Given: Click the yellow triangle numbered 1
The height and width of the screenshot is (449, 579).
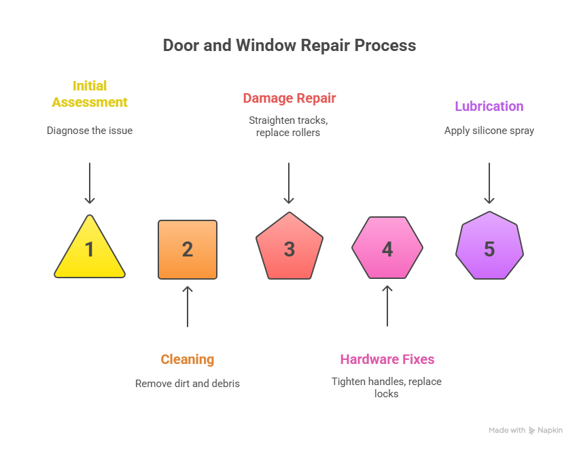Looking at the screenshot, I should point(90,250).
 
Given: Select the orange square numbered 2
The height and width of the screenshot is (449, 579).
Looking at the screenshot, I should point(188,250).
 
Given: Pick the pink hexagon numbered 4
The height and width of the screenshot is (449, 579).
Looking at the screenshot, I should point(387,248).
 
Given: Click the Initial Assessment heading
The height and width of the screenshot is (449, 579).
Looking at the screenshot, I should point(90,94).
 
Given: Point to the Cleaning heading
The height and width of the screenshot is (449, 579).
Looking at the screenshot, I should point(188,359).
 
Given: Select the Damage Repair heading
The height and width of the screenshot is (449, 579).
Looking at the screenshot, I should point(289,98).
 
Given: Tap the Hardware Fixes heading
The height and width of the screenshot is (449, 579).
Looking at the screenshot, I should point(387,359).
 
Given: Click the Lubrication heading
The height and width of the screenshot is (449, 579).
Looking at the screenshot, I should point(489,106).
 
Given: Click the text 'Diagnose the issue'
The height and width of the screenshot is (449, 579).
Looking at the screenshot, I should point(90,130).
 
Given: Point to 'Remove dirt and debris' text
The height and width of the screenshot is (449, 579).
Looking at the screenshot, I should point(188,383).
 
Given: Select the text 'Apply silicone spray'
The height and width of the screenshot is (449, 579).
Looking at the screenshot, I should point(489,130).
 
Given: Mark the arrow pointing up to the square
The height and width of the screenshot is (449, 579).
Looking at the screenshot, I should point(188,306).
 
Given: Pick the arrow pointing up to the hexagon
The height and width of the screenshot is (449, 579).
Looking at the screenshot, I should point(387,306).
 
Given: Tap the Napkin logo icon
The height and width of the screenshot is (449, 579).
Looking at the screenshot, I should point(531,431).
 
